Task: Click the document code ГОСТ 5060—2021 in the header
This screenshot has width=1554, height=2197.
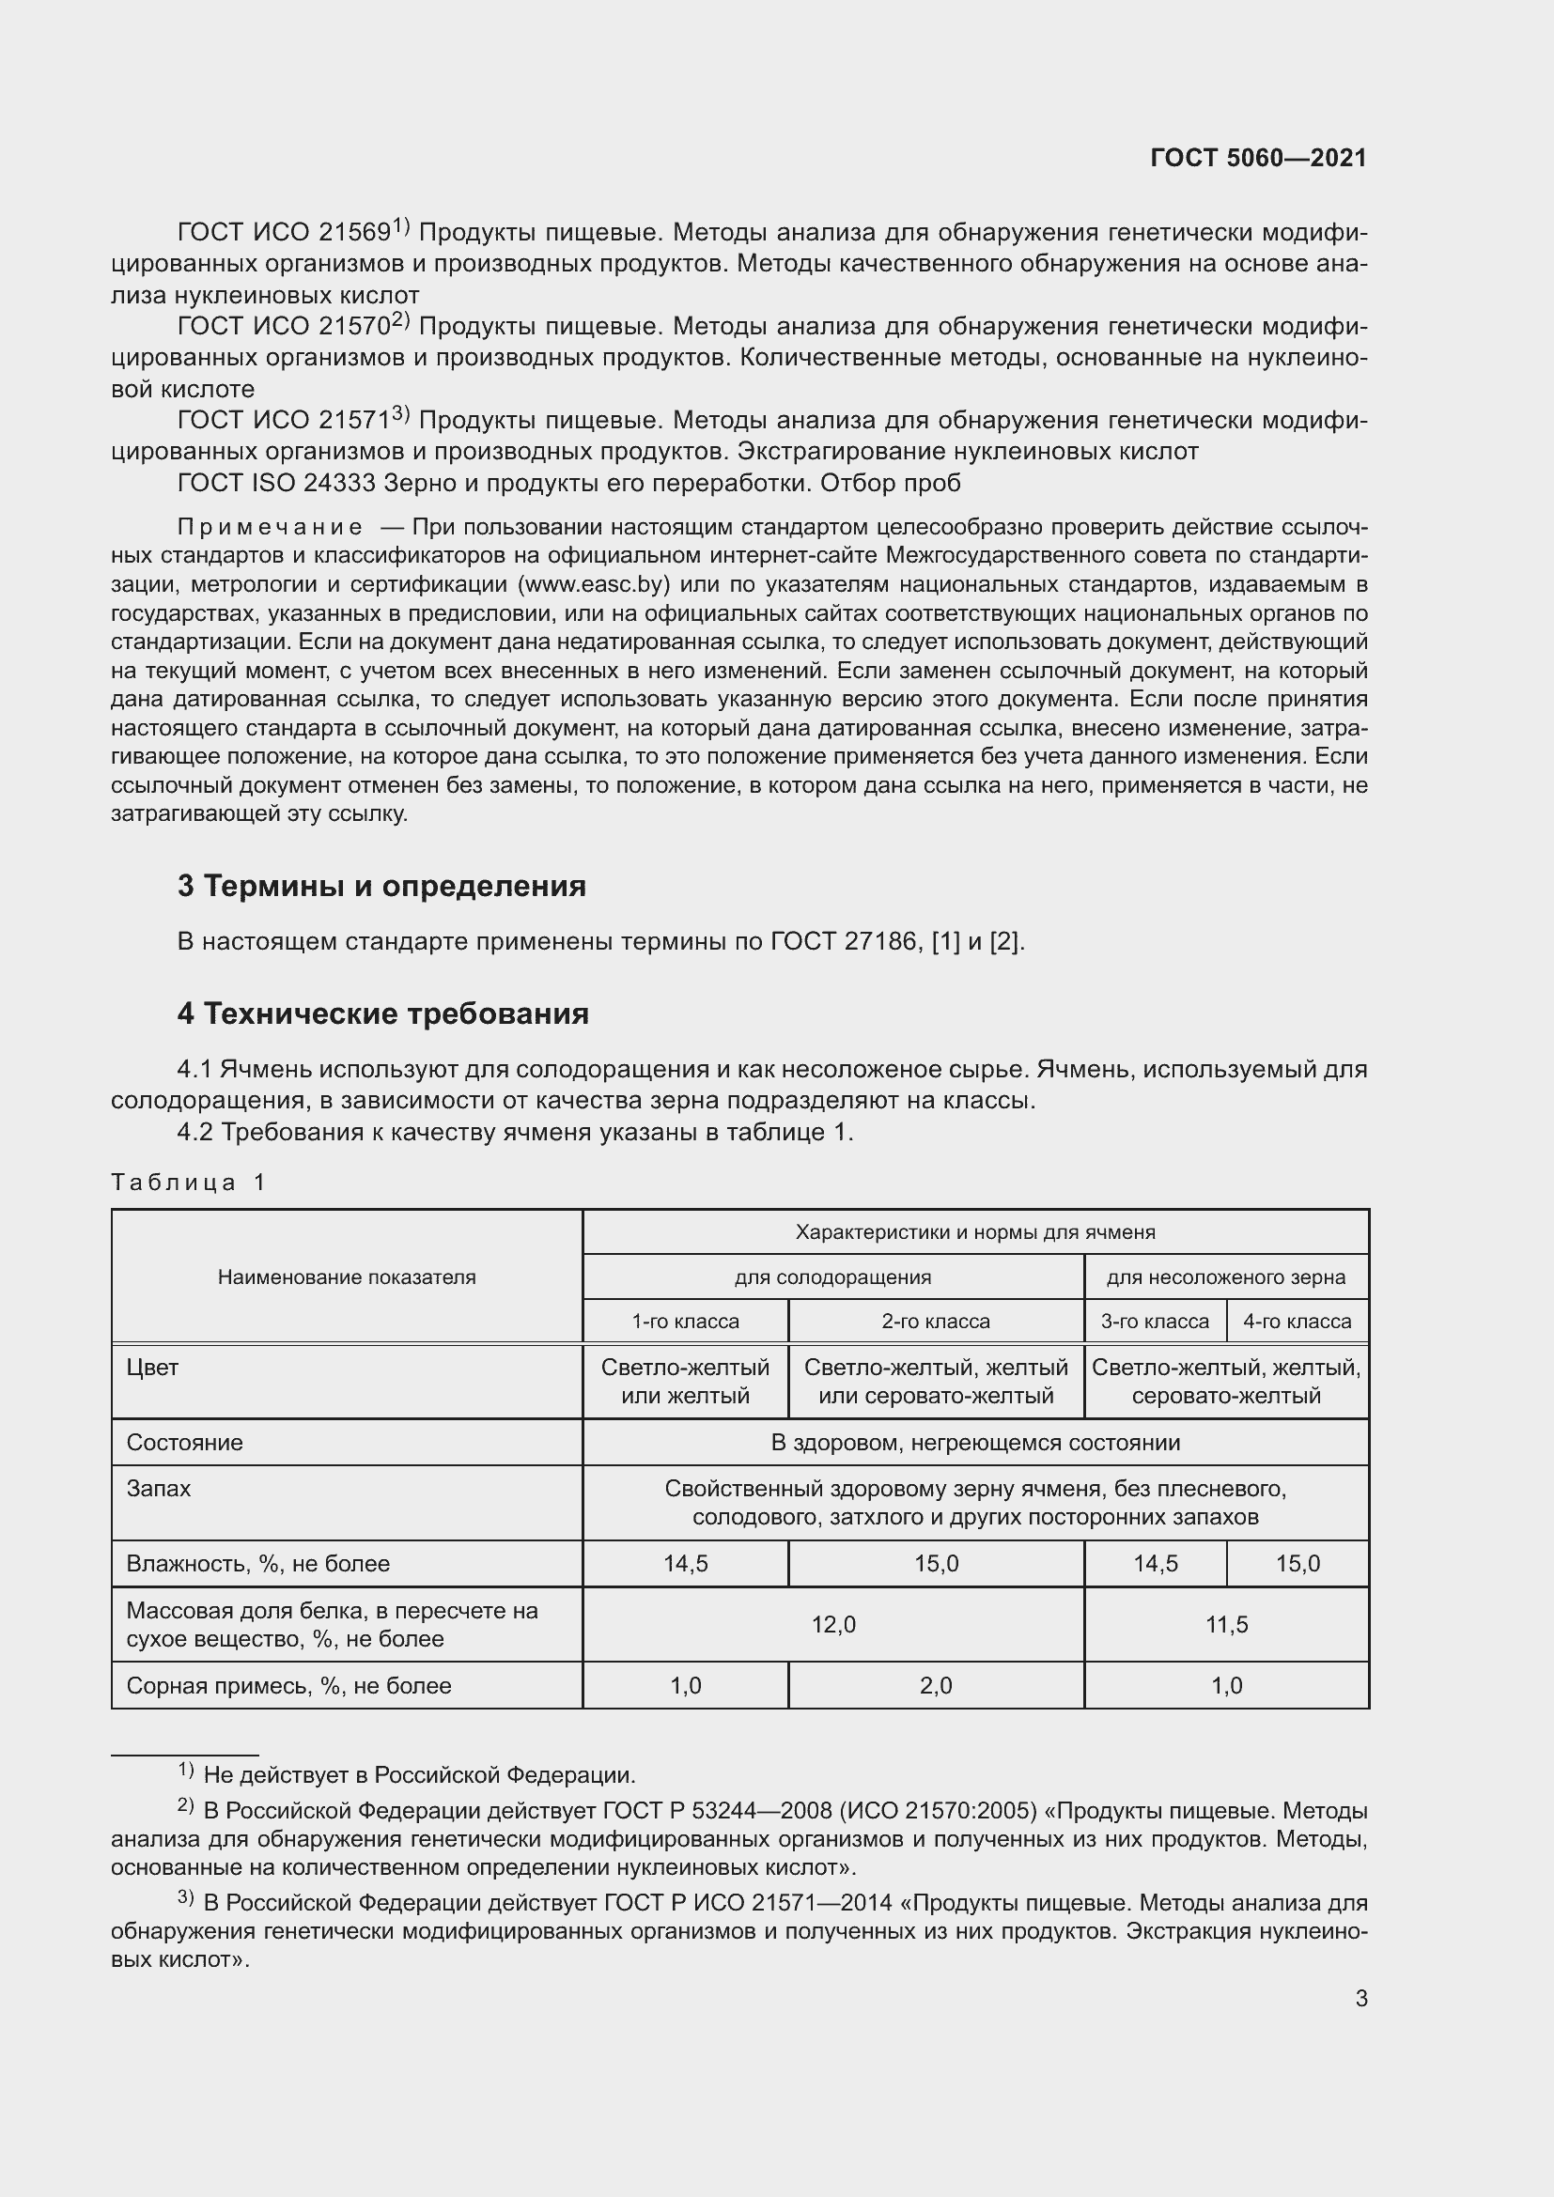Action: pos(1257,158)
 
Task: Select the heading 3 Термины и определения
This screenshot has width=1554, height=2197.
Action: pos(381,885)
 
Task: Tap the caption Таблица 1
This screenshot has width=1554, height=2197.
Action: pos(188,1182)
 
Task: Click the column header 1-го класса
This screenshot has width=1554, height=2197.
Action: pos(685,1322)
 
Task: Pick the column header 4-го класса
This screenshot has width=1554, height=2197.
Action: pos(1297,1322)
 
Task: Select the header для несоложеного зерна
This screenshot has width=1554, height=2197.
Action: pos(1226,1276)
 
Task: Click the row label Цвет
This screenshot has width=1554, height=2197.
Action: pos(152,1368)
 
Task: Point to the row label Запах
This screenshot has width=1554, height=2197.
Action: pos(158,1489)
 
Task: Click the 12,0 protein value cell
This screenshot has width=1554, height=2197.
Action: pos(833,1624)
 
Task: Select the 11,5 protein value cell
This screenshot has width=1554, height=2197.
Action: pos(1226,1624)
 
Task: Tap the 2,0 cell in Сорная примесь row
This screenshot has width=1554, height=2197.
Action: pos(936,1685)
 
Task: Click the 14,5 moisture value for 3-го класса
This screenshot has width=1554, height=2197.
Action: pos(1155,1564)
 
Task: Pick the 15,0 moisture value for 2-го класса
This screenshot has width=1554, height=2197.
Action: pos(936,1564)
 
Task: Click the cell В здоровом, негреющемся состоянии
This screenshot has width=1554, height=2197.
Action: pos(975,1442)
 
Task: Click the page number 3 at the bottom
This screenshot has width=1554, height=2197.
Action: pos(1360,1999)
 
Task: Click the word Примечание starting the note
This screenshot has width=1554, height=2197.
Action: pos(270,527)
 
